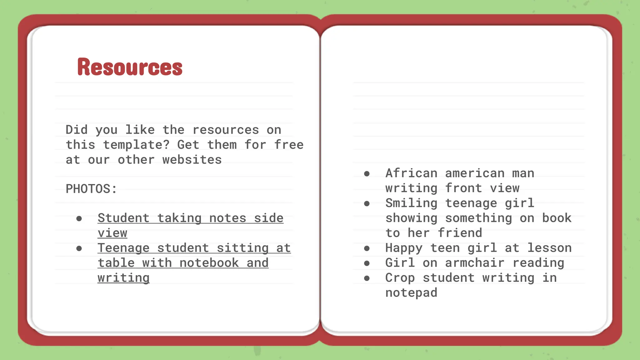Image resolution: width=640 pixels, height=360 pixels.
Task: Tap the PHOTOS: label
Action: click(91, 189)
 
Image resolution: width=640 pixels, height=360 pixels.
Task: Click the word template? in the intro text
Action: click(136, 145)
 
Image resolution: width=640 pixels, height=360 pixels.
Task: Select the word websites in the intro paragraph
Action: click(192, 160)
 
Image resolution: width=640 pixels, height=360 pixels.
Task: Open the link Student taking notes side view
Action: click(190, 218)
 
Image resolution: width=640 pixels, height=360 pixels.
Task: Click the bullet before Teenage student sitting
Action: click(79, 248)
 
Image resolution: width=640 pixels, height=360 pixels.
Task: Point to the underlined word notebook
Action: click(209, 263)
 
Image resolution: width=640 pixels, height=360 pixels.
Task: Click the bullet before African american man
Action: click(367, 174)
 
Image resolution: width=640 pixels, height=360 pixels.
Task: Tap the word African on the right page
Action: click(411, 173)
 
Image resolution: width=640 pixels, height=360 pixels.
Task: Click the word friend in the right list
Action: click(460, 233)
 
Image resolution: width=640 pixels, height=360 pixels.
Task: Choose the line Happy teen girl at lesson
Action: click(478, 248)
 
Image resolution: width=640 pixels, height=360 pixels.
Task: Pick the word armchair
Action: click(474, 263)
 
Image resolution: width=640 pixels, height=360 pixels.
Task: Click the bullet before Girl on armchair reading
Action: click(367, 263)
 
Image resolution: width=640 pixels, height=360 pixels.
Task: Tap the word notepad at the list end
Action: click(411, 293)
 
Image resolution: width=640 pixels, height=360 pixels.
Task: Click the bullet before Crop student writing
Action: click(367, 278)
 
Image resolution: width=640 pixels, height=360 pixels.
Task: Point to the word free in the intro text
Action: click(289, 145)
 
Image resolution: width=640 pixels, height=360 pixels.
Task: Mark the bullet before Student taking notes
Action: click(79, 219)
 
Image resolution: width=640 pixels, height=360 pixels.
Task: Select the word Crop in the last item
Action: click(400, 278)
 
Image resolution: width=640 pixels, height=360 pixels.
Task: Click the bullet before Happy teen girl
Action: click(367, 248)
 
